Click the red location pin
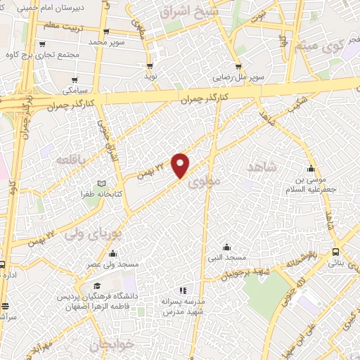coord(181,165)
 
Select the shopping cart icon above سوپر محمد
coord(105,32)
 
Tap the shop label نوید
coord(150,75)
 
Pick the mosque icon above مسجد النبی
coord(226,247)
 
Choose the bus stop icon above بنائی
coord(336,251)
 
